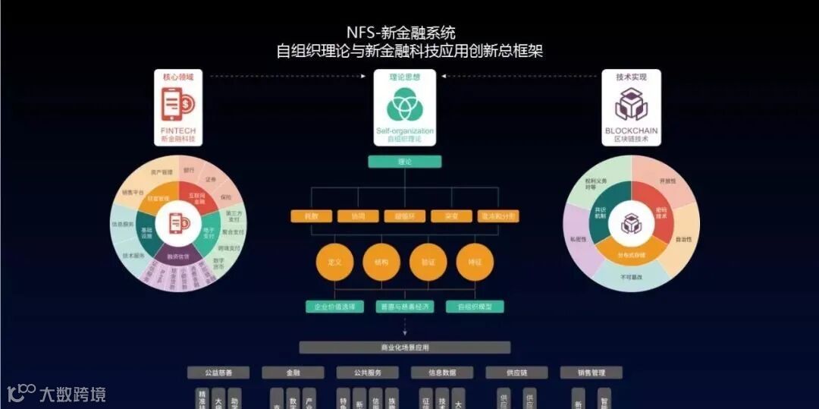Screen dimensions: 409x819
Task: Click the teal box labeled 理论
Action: (x=404, y=162)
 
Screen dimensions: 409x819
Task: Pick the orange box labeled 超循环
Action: (x=404, y=216)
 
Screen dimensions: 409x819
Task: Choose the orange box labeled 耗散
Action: (x=311, y=216)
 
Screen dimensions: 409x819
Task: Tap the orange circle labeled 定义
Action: (x=334, y=262)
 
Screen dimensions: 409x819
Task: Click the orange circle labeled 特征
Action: (x=475, y=262)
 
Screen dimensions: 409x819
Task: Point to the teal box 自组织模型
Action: (x=475, y=307)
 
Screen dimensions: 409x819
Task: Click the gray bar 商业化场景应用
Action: (x=404, y=348)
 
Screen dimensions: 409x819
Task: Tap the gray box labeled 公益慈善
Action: (x=218, y=373)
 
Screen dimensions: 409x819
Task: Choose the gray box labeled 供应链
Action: (x=516, y=373)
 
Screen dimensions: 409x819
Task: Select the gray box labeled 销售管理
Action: (x=591, y=373)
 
